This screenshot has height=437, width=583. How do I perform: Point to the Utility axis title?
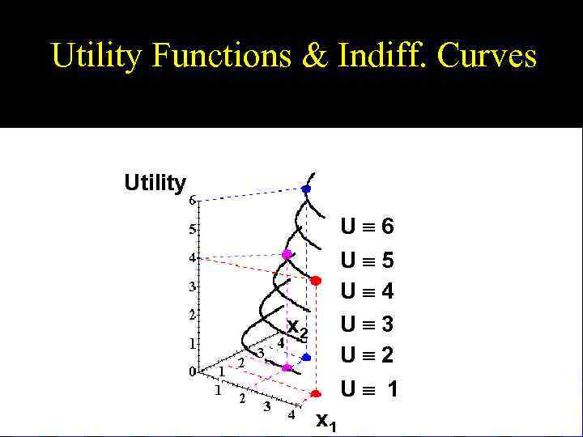click(155, 183)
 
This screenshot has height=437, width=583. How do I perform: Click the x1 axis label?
click(326, 420)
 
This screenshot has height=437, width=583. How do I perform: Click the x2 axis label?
click(298, 329)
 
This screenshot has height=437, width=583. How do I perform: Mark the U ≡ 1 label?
click(369, 390)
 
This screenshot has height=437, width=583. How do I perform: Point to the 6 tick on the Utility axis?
click(192, 199)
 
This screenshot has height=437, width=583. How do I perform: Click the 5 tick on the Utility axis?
click(192, 230)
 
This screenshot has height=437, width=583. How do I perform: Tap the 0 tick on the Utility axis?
click(192, 371)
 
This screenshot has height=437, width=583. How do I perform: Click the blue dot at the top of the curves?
click(306, 189)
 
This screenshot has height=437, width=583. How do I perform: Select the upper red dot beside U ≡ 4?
click(316, 280)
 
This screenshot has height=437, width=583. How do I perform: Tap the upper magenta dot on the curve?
click(286, 254)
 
